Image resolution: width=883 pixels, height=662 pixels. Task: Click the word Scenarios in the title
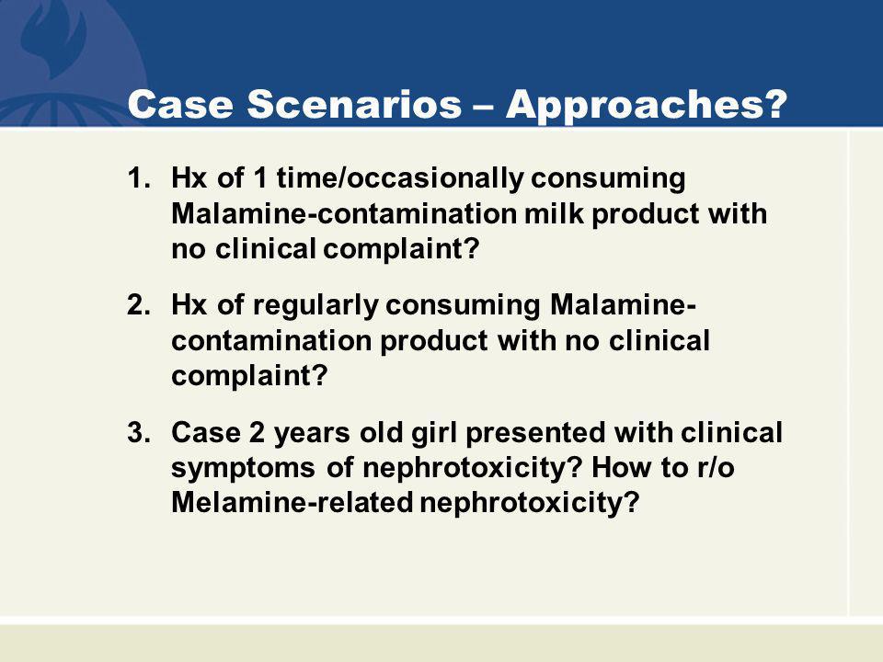[354, 104]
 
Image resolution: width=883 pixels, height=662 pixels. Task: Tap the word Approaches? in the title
[646, 105]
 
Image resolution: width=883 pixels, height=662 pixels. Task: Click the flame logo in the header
[53, 39]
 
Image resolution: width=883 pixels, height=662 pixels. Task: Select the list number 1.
[139, 178]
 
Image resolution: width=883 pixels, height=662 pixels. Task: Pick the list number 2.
[139, 305]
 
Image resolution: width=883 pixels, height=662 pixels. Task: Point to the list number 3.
[139, 432]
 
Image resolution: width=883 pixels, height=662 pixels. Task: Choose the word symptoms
[243, 469]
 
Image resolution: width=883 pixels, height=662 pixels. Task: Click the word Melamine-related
[292, 502]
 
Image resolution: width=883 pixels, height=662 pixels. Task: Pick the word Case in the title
[180, 104]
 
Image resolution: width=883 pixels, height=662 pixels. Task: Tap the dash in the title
[483, 105]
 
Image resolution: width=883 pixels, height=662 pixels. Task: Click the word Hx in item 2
[189, 305]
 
